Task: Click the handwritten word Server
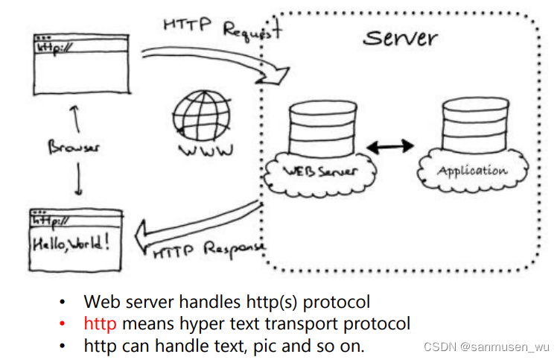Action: coord(400,37)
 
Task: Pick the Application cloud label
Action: coord(472,170)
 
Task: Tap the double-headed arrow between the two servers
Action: coord(390,147)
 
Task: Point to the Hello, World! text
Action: coord(74,242)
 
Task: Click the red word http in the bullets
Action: coord(101,323)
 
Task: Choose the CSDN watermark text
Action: coord(486,347)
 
